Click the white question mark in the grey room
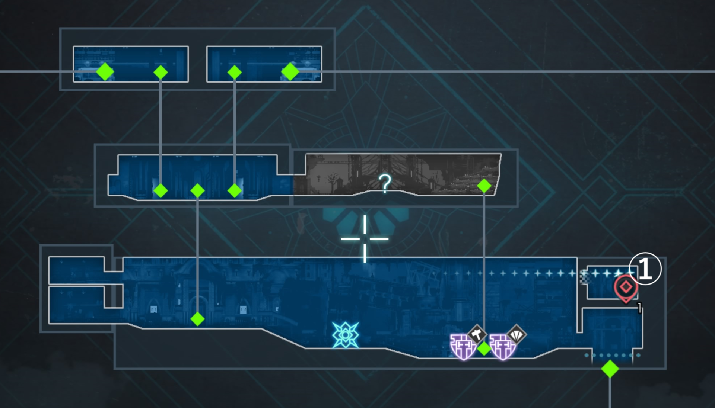point(385,183)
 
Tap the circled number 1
point(645,269)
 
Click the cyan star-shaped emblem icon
point(345,335)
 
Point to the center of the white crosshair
point(365,239)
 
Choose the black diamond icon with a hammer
point(477,334)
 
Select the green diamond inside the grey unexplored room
point(484,186)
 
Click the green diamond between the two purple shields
point(484,349)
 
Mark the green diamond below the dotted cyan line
point(610,369)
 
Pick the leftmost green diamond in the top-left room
point(105,71)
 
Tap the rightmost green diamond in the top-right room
point(290,71)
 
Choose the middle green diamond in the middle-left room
point(197,191)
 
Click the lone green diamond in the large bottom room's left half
point(197,319)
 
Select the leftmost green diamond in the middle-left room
point(161,191)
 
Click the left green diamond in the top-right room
point(234,73)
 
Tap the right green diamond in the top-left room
point(161,73)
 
